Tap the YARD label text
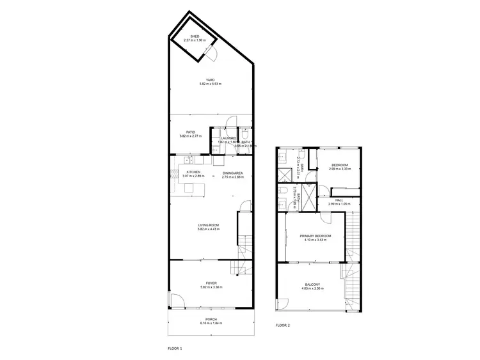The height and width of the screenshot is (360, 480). point(210,79)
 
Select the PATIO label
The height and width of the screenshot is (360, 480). point(191,132)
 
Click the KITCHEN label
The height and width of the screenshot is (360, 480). point(194,173)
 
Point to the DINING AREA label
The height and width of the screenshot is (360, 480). point(232,173)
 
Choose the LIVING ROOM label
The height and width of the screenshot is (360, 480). point(209,225)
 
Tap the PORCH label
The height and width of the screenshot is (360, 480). point(211,319)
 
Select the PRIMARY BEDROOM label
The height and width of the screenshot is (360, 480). point(314,236)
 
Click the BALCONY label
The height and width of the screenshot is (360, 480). point(312,285)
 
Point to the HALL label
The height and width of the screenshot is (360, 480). point(340,200)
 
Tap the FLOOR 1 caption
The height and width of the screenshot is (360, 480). point(175,348)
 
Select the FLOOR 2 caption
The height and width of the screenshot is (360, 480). point(282,325)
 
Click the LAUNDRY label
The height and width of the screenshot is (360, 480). point(228,138)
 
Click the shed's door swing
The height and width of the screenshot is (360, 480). point(213,56)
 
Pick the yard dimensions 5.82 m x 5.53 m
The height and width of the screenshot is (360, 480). point(210,84)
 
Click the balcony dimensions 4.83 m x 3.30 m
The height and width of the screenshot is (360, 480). point(312,289)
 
